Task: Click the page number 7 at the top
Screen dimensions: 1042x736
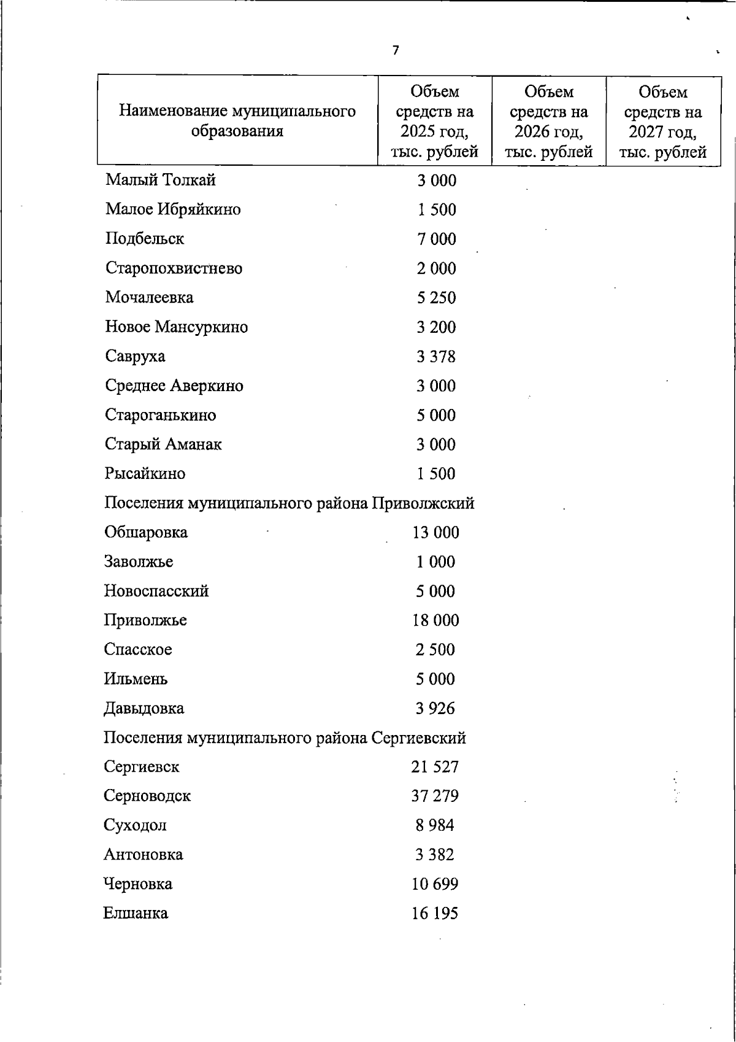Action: [396, 51]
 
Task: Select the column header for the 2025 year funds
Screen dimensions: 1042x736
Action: [435, 122]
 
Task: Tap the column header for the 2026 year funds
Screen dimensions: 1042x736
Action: [549, 122]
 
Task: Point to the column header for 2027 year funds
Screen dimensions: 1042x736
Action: [663, 122]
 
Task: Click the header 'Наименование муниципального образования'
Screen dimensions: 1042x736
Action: [237, 121]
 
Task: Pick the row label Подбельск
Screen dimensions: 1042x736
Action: [145, 239]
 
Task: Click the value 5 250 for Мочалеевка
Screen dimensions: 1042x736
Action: [436, 298]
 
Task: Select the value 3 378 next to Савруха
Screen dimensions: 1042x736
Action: [436, 357]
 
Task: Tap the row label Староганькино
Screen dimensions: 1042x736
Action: [161, 415]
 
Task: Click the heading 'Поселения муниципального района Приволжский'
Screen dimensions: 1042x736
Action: [289, 504]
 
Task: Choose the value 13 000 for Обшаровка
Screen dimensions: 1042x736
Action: [435, 532]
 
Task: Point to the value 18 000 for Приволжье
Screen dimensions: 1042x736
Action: [435, 620]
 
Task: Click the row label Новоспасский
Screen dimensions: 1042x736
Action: [156, 591]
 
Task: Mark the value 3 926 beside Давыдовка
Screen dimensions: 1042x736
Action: [435, 709]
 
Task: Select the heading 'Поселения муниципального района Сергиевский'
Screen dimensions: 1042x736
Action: [285, 737]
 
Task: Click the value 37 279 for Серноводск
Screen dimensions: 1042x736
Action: [435, 796]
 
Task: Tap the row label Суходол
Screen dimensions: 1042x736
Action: [135, 825]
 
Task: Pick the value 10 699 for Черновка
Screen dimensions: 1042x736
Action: [435, 884]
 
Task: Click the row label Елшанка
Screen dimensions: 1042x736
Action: [136, 914]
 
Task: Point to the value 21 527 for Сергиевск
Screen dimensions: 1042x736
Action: [435, 767]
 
